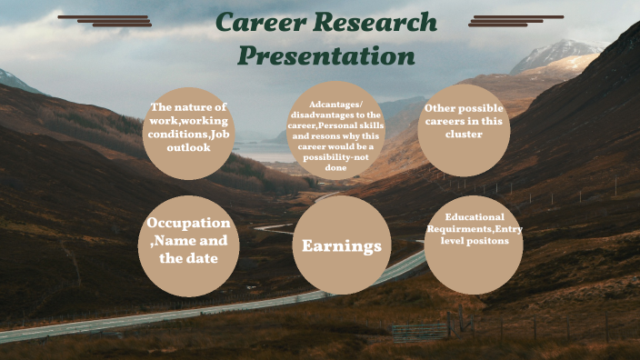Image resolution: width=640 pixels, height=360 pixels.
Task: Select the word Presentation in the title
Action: click(325, 56)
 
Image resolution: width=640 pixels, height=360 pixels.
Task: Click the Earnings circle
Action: click(341, 245)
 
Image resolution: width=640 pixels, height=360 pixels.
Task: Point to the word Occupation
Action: click(189, 223)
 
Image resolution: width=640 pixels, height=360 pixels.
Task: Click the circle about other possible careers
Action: click(462, 131)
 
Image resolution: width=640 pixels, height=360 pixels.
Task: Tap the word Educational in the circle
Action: click(475, 218)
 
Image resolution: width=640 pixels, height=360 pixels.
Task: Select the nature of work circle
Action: click(189, 133)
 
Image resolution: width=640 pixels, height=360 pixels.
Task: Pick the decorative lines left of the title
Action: click(107, 20)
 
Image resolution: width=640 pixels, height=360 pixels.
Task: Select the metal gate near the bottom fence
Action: click(420, 331)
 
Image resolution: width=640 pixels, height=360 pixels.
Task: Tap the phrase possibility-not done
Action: click(335, 161)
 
